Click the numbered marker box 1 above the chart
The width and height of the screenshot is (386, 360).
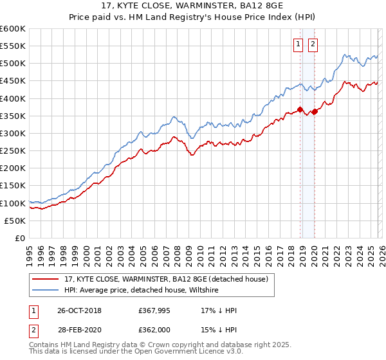pos(299,44)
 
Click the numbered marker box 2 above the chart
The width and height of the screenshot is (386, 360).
pos(313,44)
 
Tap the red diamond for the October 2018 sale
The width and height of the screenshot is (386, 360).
pos(300,109)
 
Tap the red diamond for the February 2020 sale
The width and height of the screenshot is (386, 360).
pos(315,112)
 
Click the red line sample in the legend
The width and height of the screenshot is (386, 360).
pos(46,278)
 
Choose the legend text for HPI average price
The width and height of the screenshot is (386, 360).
pos(142,291)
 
